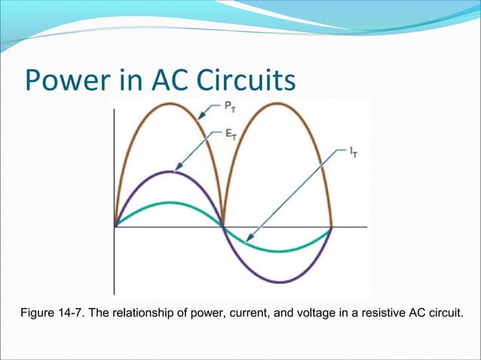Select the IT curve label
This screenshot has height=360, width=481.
click(x=353, y=151)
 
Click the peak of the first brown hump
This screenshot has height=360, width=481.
click(x=170, y=102)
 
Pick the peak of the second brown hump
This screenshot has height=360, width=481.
click(x=278, y=102)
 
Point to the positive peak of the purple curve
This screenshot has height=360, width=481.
click(x=170, y=172)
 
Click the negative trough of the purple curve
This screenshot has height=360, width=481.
click(x=278, y=282)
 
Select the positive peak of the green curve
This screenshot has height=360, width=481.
click(x=170, y=203)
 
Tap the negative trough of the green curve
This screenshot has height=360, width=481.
click(x=278, y=251)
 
